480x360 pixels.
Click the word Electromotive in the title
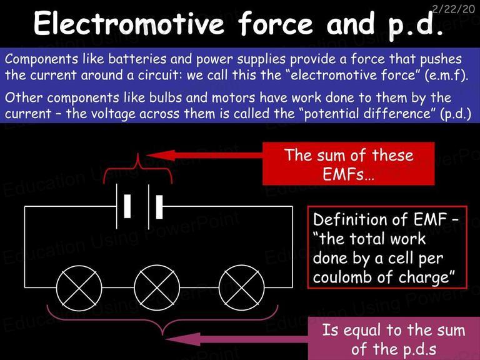pos(129,23)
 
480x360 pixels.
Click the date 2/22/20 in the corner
pos(454,9)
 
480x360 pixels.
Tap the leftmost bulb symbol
pos(79,287)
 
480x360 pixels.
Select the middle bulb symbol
pos(157,287)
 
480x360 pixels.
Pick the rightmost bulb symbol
pos(242,287)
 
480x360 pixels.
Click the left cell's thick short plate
pos(127,206)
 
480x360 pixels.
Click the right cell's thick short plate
pos(159,207)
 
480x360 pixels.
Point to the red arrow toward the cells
pos(204,155)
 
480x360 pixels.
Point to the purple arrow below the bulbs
pos(236,339)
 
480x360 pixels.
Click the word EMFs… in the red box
pos(348,174)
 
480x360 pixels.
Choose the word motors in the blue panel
pos(233,98)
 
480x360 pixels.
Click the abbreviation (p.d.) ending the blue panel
pos(456,114)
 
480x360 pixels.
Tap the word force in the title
pos(275,23)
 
